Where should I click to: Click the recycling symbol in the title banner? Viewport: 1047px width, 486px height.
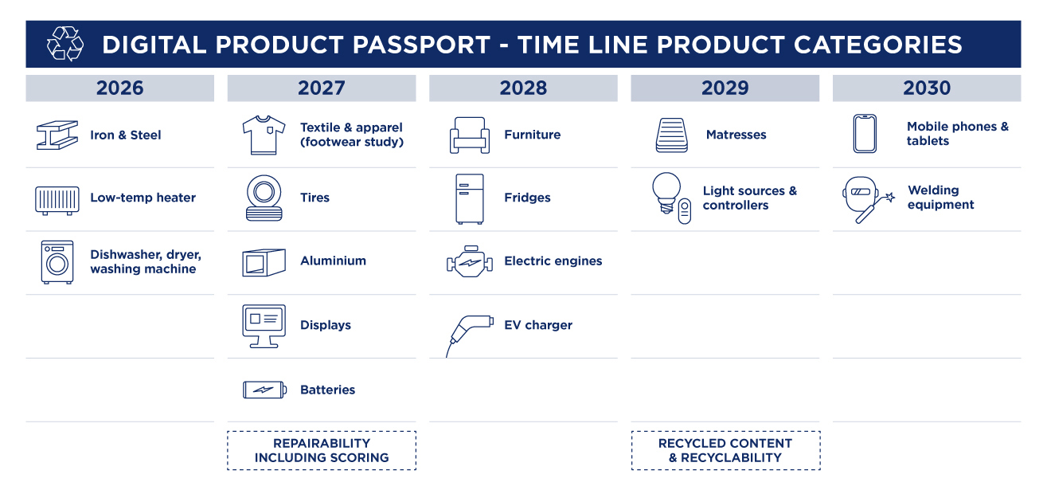[64, 44]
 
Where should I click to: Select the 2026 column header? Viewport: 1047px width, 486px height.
[119, 88]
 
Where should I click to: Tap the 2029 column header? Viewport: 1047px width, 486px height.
[725, 88]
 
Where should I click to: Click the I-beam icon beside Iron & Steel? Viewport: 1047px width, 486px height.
[57, 135]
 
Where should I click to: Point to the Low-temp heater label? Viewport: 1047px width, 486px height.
[143, 198]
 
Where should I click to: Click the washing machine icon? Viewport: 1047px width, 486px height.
[57, 261]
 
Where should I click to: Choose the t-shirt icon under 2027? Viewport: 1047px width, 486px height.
[263, 135]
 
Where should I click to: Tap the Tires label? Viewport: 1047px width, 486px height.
[314, 198]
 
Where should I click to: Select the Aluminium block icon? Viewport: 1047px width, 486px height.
[263, 262]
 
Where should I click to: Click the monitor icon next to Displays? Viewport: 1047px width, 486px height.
[263, 325]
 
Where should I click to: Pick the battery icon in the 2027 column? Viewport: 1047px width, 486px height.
[263, 390]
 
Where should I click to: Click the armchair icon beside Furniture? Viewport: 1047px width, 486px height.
[469, 135]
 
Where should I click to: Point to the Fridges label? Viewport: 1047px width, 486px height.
[527, 198]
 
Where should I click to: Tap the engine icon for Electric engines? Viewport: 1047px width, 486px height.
[469, 261]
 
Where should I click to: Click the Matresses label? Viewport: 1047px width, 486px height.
[736, 135]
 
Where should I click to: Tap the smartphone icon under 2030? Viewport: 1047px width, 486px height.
[864, 134]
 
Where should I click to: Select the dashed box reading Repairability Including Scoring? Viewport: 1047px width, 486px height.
[322, 450]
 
